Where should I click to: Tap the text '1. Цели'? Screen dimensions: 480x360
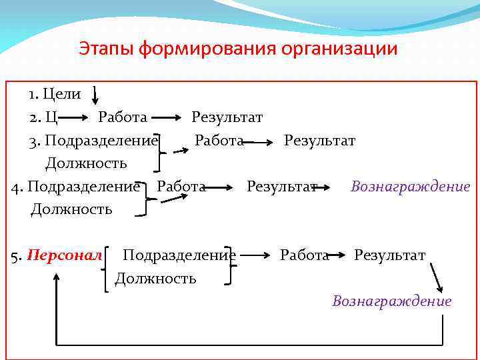point(54,94)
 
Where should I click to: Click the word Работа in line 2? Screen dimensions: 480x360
point(123,117)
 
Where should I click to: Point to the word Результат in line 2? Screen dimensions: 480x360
point(227,117)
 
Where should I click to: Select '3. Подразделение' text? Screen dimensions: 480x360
point(93,141)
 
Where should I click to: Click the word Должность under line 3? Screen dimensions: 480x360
point(86,163)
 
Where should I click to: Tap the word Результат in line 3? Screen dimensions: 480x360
point(319,141)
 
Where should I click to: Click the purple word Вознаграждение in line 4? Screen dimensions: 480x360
point(410,186)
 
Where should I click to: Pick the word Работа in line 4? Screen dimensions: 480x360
point(180,186)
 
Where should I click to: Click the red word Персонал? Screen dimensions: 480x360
point(65,255)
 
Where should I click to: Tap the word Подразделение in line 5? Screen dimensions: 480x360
point(179,255)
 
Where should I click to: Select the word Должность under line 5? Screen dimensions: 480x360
point(155,278)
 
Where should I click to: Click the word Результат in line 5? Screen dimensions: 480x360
point(389,255)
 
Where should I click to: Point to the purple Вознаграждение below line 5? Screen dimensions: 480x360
point(391,301)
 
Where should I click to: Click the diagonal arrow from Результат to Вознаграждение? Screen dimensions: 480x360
point(437,277)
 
